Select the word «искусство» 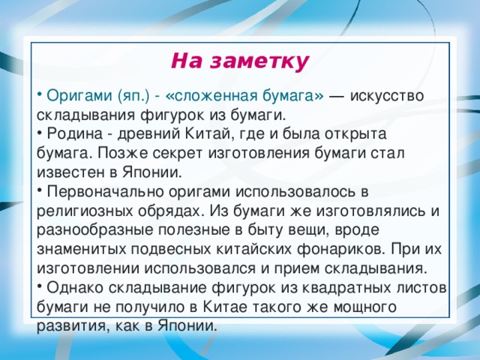pos(387,97)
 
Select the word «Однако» pos(73,287)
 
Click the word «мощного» pos(344,306)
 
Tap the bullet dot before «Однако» pos(40,287)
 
